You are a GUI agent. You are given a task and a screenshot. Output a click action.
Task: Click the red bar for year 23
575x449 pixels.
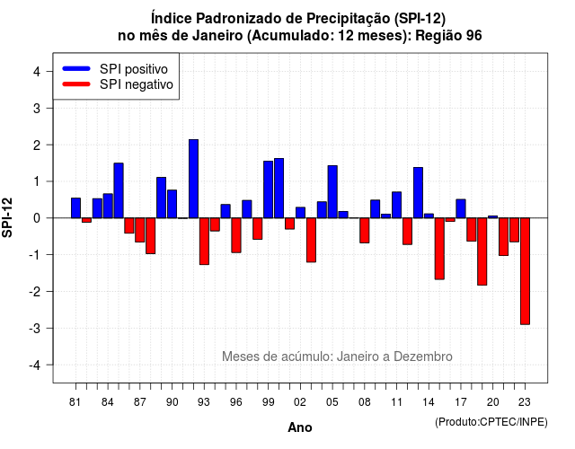coord(525,271)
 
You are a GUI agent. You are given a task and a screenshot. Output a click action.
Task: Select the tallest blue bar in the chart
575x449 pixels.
coord(194,179)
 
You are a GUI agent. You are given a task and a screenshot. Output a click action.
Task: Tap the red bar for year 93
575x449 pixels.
coord(204,242)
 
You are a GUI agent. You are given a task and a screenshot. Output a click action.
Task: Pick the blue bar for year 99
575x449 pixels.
coord(268,189)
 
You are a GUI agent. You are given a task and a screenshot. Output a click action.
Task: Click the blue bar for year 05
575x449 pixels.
coord(332,191)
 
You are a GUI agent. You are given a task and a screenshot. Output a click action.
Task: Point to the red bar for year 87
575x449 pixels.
coord(140,230)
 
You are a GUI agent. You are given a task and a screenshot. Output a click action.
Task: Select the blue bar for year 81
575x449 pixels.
coord(75,207)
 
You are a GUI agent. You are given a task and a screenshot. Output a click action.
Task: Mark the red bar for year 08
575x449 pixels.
coord(365,230)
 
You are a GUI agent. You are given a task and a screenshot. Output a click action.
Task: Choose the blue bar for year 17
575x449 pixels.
coord(461,208)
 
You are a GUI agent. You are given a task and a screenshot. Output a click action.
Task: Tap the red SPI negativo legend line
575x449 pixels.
coord(76,84)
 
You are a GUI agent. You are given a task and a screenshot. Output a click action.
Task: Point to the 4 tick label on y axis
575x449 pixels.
coord(37,72)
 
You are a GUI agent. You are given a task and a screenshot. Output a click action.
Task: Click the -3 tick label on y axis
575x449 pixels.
coord(35,328)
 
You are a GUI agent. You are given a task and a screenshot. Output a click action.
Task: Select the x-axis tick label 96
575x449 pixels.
coord(236,402)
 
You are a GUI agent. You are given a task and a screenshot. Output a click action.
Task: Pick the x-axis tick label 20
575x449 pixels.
coord(493,402)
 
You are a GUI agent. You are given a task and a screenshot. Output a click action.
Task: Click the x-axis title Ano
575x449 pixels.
coord(300,427)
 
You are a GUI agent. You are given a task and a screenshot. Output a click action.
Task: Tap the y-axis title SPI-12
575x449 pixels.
coord(7,217)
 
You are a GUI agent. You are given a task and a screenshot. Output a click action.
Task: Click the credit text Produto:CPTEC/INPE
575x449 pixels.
coord(491,422)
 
